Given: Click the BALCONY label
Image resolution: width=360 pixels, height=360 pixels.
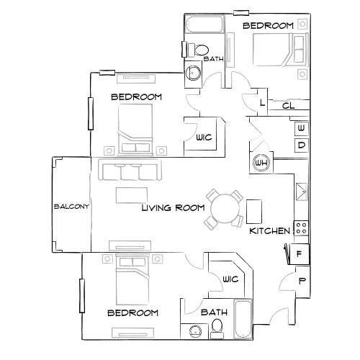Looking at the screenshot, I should click(x=71, y=207).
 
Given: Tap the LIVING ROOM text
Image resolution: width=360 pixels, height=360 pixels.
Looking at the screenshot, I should click(x=173, y=207).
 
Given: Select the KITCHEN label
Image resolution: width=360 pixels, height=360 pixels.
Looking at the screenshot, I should click(x=269, y=231).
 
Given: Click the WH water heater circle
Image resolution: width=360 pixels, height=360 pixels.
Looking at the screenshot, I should click(x=260, y=163).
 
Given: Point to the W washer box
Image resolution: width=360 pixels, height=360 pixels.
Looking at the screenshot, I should click(x=301, y=128).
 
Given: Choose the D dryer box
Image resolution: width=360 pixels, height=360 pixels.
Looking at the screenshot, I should click(x=301, y=145).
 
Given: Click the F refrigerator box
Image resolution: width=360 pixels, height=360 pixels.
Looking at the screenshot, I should click(x=299, y=254).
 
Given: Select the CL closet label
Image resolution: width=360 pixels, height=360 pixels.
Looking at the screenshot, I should click(x=287, y=106).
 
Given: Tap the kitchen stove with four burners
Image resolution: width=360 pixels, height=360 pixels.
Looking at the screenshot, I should click(x=300, y=230).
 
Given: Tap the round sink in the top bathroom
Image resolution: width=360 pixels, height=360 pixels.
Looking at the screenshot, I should click(x=192, y=73).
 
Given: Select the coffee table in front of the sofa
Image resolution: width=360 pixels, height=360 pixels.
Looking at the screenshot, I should click(x=130, y=196).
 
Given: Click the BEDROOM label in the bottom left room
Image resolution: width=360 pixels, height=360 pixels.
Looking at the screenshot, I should click(x=132, y=313).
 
